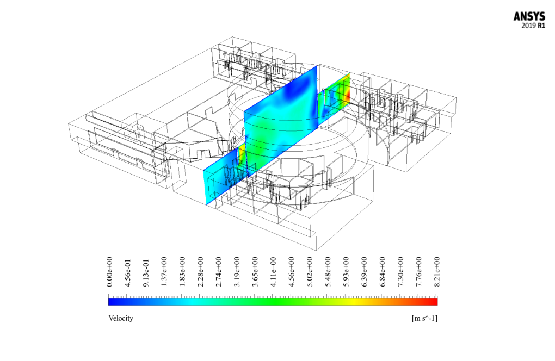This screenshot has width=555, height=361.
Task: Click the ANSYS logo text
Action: pyautogui.click(x=529, y=17)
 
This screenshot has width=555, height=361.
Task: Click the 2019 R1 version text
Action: pyautogui.click(x=533, y=26)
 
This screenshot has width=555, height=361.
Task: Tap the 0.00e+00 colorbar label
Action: pyautogui.click(x=109, y=272)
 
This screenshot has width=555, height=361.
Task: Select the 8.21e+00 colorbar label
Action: pyautogui.click(x=437, y=272)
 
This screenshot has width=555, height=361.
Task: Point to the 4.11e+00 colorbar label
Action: pyautogui.click(x=273, y=272)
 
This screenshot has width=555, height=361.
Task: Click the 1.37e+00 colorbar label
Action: pyautogui.click(x=164, y=272)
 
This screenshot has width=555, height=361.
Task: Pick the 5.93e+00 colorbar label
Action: pyautogui.click(x=346, y=272)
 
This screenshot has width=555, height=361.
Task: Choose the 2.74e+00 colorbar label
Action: pyautogui.click(x=219, y=272)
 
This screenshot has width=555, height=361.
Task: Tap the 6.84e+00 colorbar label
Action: pyautogui.click(x=383, y=272)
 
